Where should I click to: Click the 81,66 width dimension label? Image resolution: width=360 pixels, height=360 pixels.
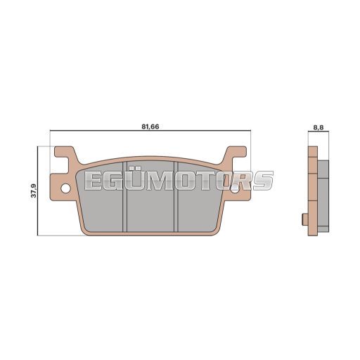pos(150,127)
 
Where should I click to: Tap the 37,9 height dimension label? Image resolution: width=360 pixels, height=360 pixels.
pos(34,191)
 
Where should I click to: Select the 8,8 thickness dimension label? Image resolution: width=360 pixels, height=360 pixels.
pos(319,127)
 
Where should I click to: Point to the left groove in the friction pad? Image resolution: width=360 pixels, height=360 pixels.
pos(124,197)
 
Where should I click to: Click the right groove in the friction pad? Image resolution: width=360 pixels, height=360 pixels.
pos(176,197)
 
